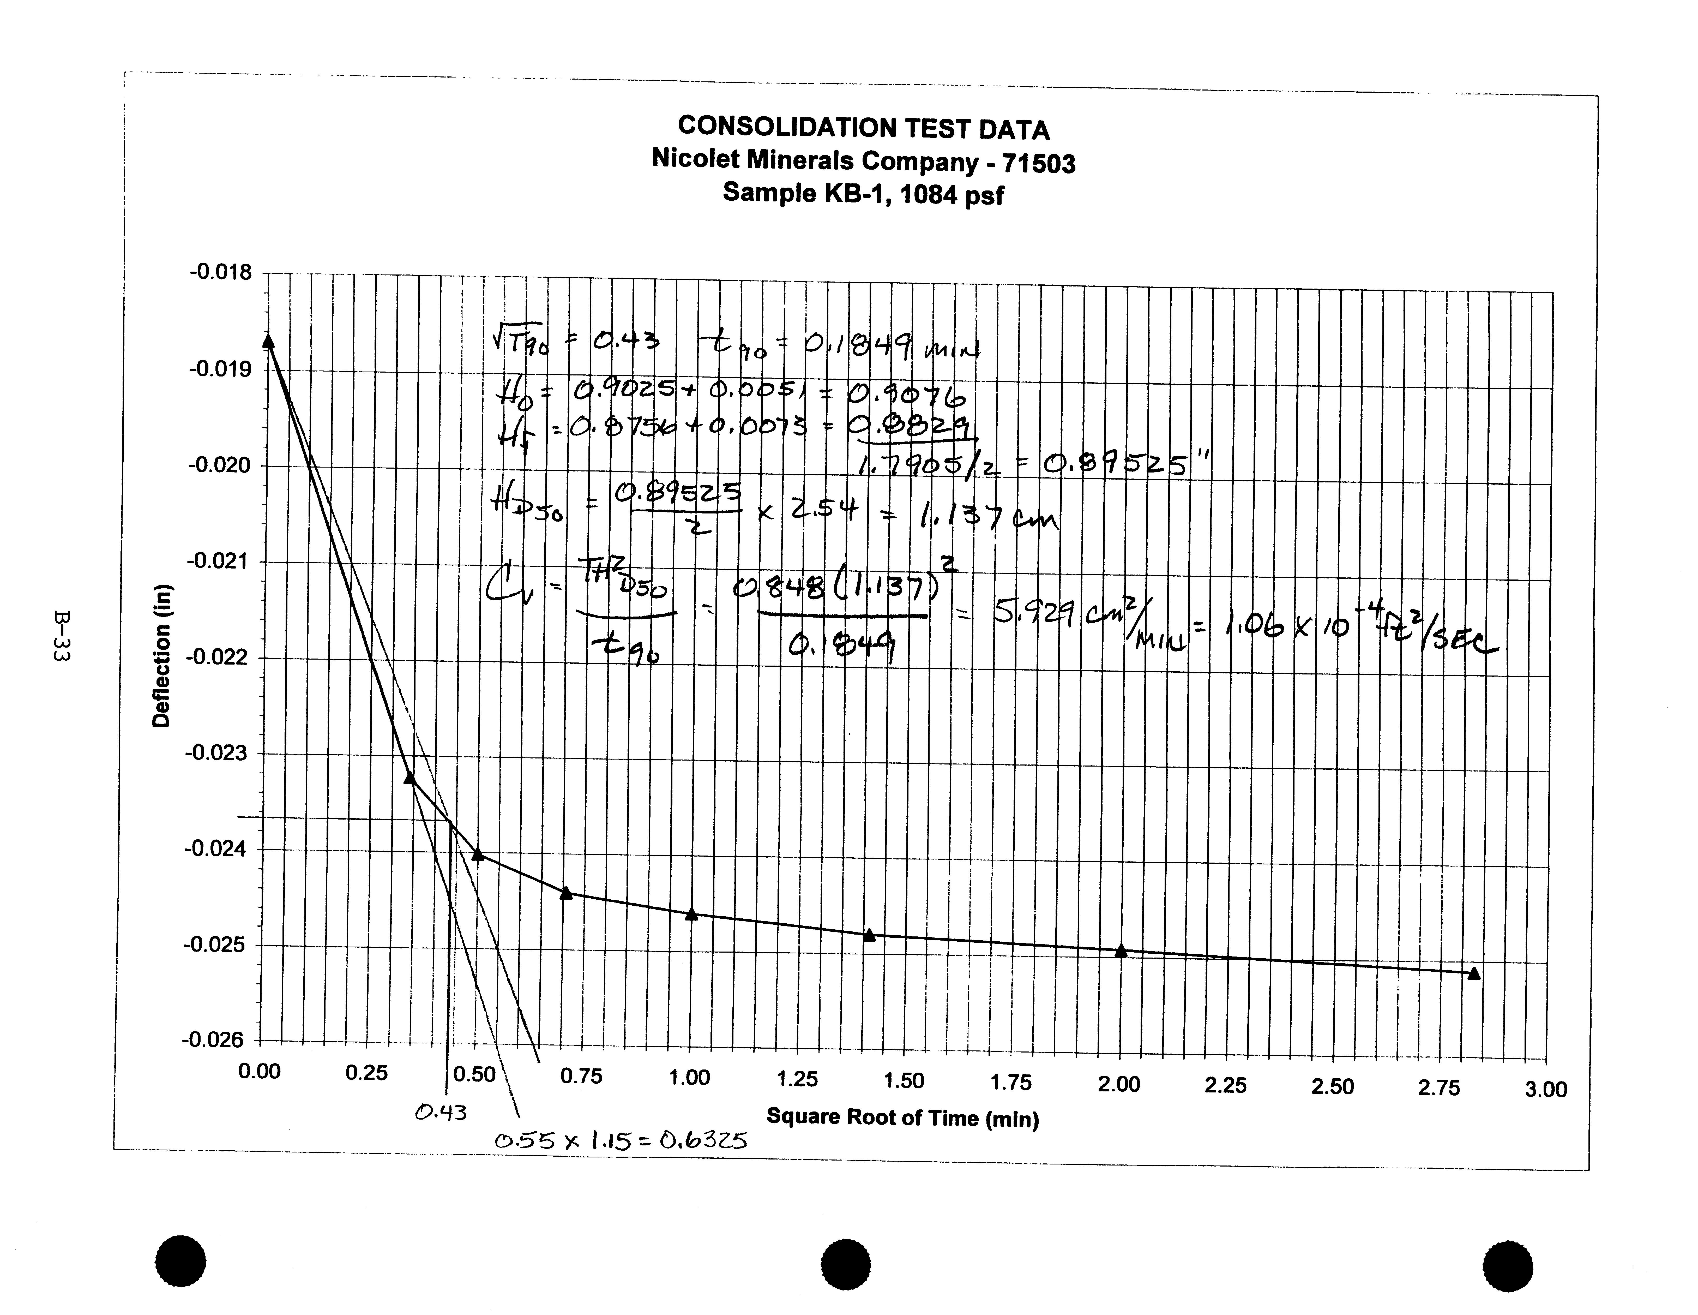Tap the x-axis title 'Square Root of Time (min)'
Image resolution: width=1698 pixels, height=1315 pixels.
(x=902, y=1117)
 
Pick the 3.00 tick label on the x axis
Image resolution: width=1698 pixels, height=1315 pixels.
(x=1545, y=1090)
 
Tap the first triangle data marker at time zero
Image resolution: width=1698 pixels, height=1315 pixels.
(x=268, y=341)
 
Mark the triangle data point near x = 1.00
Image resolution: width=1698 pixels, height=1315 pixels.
(x=692, y=914)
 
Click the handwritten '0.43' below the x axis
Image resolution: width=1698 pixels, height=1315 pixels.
(x=441, y=1113)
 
